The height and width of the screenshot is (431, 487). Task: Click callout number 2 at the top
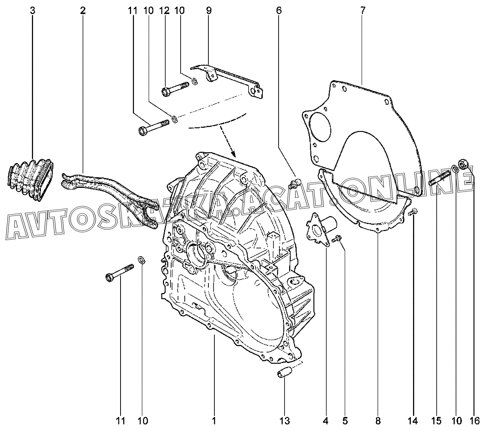83,11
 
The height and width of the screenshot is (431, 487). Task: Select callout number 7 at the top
363,11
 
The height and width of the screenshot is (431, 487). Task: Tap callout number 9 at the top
209,11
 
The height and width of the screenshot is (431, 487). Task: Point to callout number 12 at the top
164,11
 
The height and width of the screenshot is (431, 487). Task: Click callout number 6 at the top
279,11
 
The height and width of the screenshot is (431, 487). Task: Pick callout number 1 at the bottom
214,420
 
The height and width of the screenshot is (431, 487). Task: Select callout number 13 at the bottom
285,420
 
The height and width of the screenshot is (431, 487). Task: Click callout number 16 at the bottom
475,420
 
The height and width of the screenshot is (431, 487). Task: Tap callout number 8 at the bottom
378,420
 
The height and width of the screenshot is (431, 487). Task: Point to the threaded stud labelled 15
439,177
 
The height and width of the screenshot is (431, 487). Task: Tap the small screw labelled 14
413,212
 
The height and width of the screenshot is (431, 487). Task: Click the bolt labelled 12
175,89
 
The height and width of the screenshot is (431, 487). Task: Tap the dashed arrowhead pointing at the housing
233,153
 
